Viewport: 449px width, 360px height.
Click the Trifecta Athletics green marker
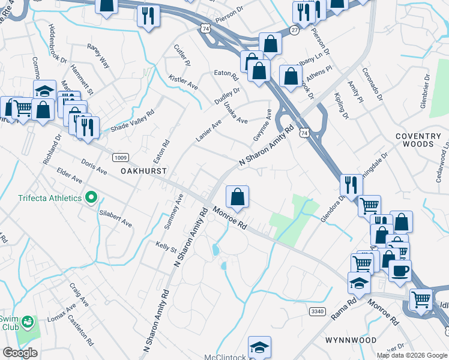(x=91, y=197)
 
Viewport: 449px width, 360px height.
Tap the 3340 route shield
(x=318, y=311)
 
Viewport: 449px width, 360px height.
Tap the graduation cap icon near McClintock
(x=259, y=346)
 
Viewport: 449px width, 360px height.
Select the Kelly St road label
(x=166, y=247)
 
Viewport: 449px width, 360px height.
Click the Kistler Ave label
(x=183, y=83)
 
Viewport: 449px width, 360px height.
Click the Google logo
(x=20, y=353)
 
